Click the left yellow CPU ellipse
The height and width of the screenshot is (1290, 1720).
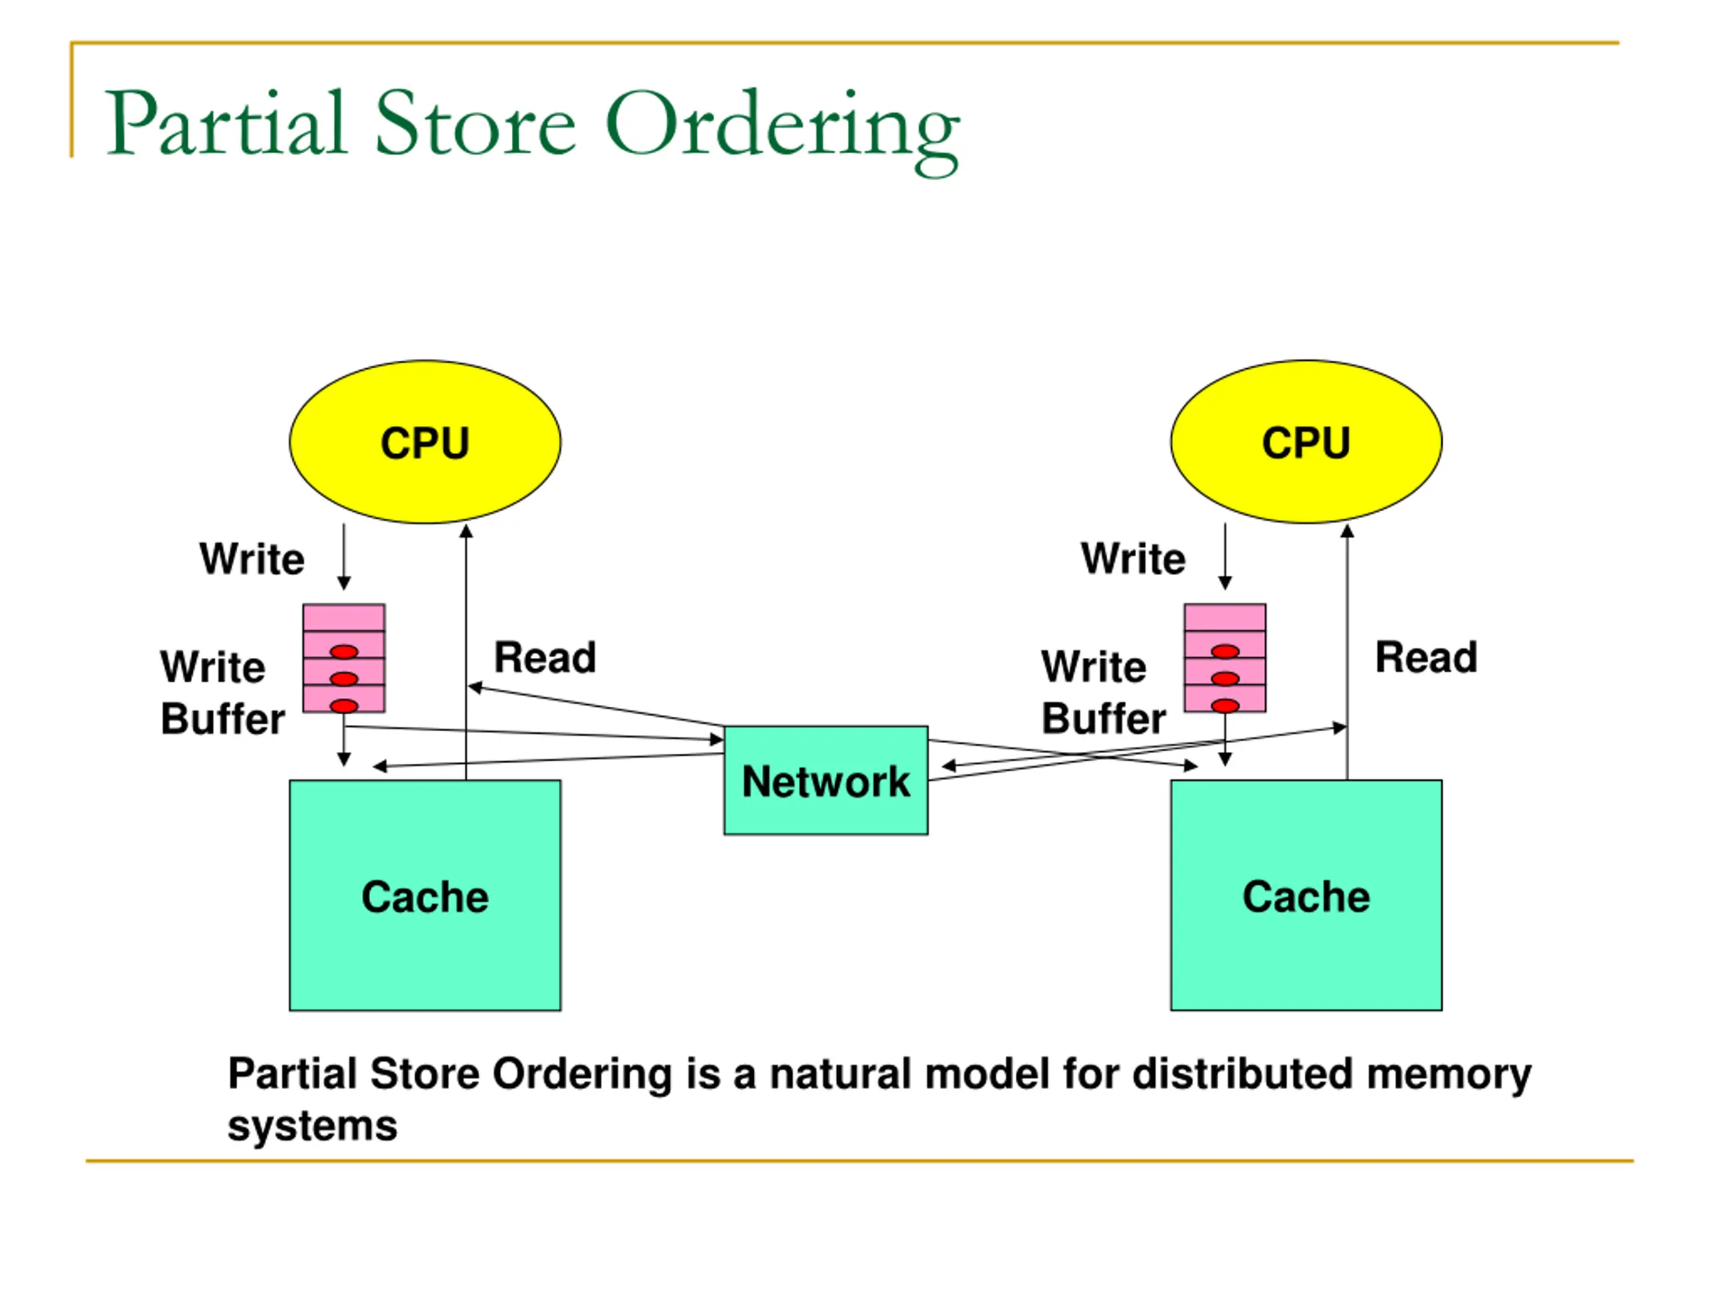point(425,441)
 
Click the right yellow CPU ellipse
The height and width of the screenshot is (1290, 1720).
point(1305,441)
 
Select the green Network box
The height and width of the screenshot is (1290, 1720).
point(825,781)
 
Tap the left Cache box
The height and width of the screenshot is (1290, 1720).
point(425,896)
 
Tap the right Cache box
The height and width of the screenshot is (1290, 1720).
point(1305,896)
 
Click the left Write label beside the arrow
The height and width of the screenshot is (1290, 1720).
point(251,559)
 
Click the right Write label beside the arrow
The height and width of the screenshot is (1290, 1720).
point(1133,559)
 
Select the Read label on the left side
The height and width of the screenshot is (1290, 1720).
point(545,658)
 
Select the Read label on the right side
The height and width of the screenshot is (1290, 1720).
point(1426,657)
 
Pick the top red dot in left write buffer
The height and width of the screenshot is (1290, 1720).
point(344,652)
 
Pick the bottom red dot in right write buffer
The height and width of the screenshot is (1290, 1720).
point(1225,706)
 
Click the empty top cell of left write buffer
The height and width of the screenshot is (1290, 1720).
point(344,618)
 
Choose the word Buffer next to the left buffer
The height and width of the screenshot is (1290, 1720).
point(222,718)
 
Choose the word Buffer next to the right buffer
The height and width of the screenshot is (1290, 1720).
point(1103,718)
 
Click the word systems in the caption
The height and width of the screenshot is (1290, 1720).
point(312,1127)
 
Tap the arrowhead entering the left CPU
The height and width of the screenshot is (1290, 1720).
point(466,531)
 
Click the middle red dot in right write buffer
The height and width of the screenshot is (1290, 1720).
point(1225,679)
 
